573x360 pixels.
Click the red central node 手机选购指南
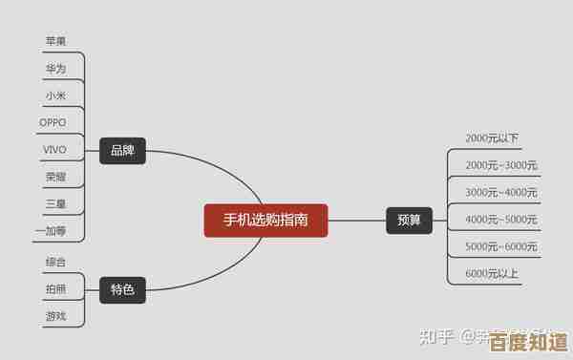[265, 220]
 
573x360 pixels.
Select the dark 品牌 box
[122, 150]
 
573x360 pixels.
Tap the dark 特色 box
[122, 288]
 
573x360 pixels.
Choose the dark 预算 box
[409, 220]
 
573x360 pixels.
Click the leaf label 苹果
[55, 41]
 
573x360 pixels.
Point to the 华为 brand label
[55, 69]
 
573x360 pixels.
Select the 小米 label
[55, 95]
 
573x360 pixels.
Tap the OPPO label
[53, 122]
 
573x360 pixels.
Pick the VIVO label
[54, 150]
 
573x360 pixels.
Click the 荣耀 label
[55, 177]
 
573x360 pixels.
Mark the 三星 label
[55, 204]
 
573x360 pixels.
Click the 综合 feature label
[55, 261]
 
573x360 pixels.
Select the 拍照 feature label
[55, 287]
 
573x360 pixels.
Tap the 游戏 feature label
[55, 315]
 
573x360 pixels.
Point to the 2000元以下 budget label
[492, 138]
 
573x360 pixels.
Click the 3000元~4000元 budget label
[501, 192]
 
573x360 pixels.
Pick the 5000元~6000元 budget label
[501, 246]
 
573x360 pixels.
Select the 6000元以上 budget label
[492, 274]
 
